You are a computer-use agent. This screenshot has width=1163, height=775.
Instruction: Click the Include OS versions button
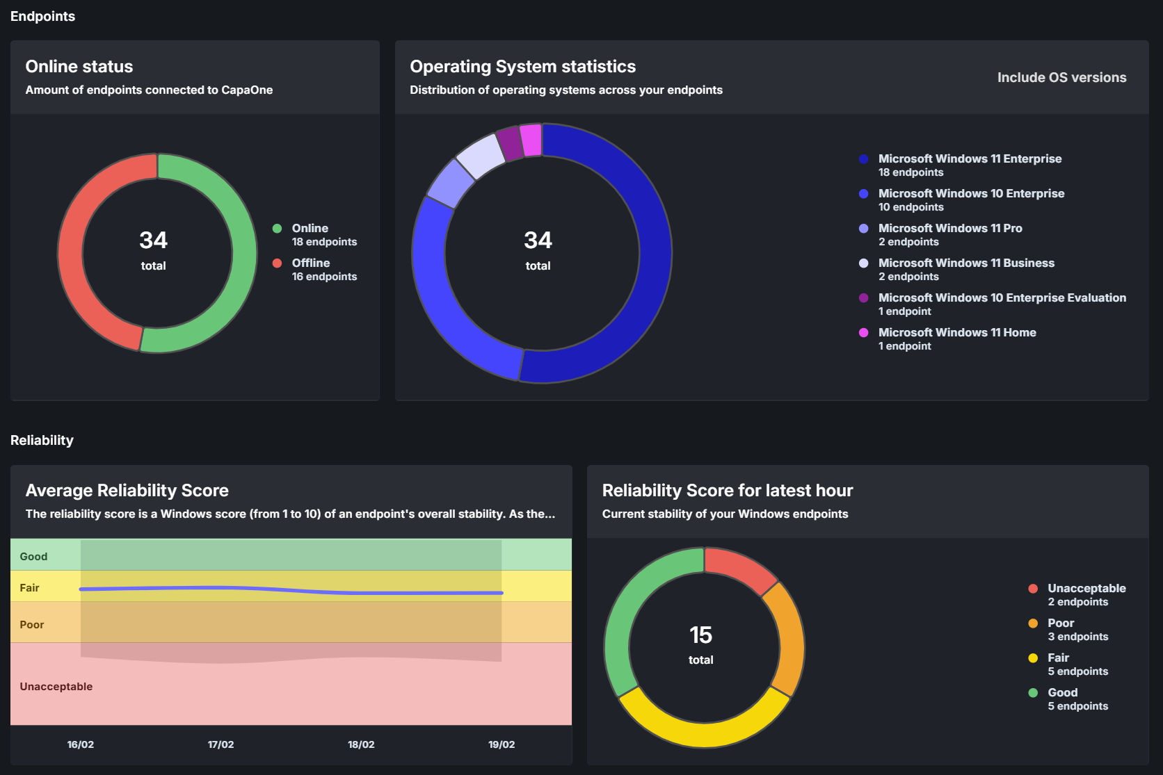click(x=1061, y=78)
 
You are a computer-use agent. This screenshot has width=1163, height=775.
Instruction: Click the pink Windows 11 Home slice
click(x=531, y=140)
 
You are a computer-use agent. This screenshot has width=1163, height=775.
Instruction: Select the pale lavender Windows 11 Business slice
click(x=481, y=156)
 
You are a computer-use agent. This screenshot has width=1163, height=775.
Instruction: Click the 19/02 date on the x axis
click(x=502, y=744)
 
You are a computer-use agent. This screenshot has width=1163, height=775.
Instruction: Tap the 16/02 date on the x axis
click(x=81, y=744)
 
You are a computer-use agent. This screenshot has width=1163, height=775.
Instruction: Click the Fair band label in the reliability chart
click(x=30, y=588)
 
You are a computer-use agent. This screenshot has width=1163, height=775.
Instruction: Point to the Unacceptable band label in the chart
click(x=56, y=687)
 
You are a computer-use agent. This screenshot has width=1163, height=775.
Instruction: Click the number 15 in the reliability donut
click(x=701, y=635)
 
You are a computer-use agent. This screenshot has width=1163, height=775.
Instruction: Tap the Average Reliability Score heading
click(x=127, y=491)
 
